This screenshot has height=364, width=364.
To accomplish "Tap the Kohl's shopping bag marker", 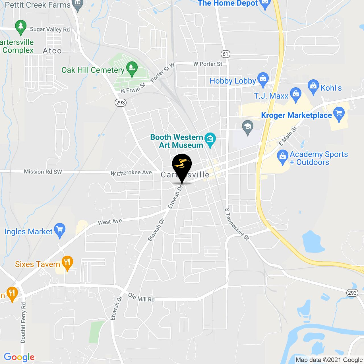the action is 313,86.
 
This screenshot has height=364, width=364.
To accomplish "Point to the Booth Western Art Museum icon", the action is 210,139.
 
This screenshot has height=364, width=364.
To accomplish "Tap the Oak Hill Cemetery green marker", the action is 132,68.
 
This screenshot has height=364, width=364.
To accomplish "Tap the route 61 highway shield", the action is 226,54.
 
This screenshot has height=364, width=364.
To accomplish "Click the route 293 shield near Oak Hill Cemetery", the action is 121,103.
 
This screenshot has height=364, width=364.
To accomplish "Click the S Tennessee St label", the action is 237,224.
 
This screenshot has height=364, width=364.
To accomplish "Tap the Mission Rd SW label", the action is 43,172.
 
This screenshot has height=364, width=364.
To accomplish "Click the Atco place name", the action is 52,51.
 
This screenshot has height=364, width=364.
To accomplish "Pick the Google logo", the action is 19,357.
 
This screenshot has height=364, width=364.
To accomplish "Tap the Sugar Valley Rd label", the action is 50,30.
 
